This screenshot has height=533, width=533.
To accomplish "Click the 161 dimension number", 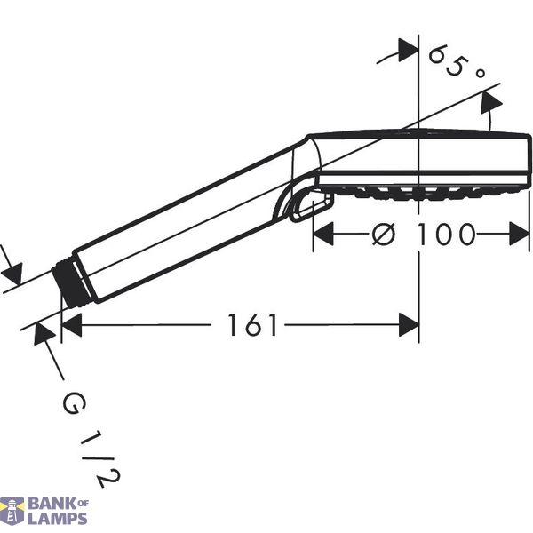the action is [x=252, y=325].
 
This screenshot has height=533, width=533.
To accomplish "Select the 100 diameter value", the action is [x=445, y=234].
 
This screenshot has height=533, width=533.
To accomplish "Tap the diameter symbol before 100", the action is [x=384, y=234].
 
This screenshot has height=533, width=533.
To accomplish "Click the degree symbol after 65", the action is [x=480, y=73].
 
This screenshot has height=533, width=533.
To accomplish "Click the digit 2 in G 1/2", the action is [x=107, y=479].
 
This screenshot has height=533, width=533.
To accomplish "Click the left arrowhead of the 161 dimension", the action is [x=72, y=325].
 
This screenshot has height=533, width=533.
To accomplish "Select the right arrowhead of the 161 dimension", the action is [x=409, y=325].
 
